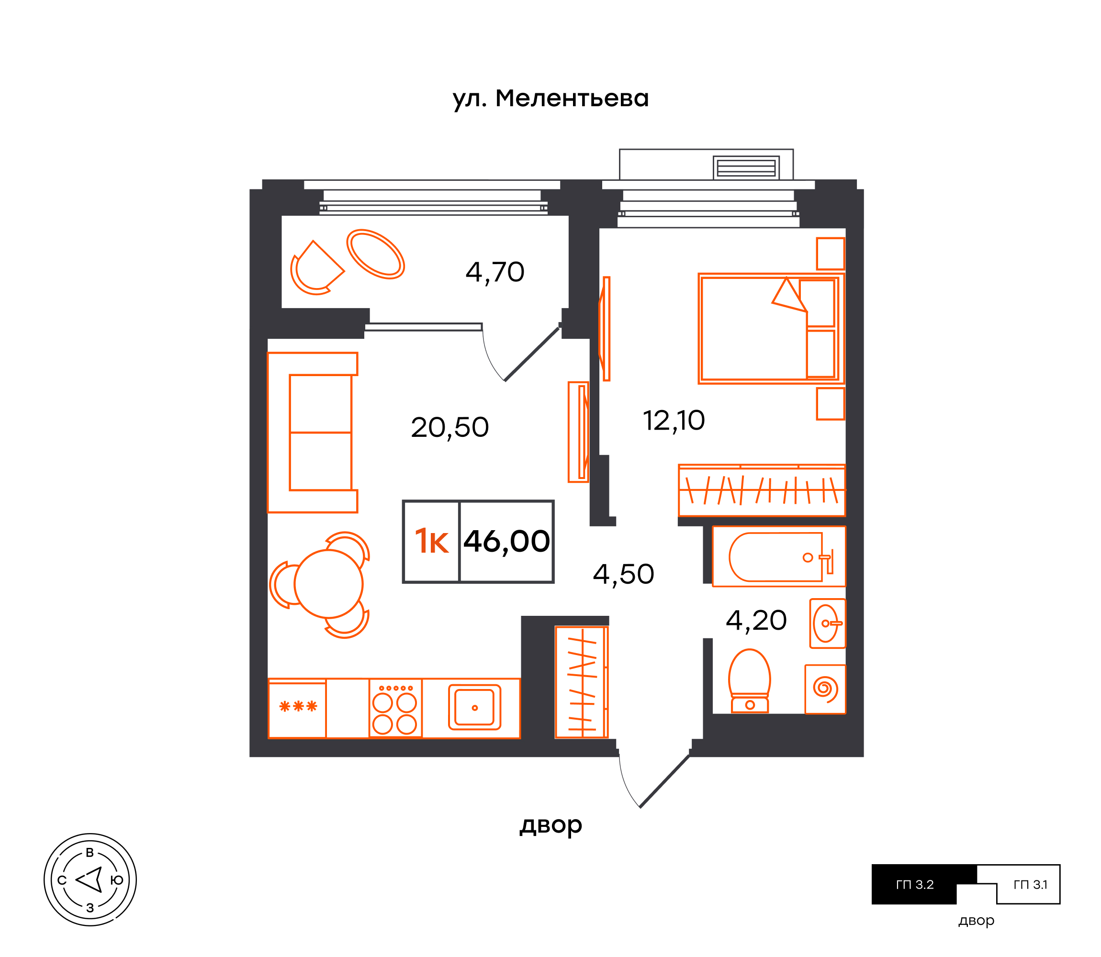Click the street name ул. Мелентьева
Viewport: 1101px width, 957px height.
(551, 99)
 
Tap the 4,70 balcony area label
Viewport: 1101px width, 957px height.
(494, 272)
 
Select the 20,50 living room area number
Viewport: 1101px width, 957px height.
(450, 427)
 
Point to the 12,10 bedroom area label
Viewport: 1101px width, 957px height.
(674, 421)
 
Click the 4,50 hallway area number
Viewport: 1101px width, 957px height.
(623, 574)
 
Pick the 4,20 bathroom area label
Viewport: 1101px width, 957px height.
(756, 621)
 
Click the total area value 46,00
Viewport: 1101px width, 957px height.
(506, 542)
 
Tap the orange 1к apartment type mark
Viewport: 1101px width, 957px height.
(432, 542)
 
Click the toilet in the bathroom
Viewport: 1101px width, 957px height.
(750, 681)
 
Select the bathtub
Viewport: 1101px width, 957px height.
(779, 556)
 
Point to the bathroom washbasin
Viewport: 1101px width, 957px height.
(828, 623)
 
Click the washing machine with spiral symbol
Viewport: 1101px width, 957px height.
(825, 689)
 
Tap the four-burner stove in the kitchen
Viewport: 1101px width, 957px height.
(395, 709)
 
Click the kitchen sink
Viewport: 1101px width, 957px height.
(474, 708)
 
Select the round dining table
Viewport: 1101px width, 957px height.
(328, 584)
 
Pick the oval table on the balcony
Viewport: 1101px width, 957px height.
(376, 254)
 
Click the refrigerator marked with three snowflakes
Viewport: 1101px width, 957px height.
(297, 709)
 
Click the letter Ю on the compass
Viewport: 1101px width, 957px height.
(116, 880)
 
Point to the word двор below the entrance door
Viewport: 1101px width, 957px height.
(551, 825)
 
